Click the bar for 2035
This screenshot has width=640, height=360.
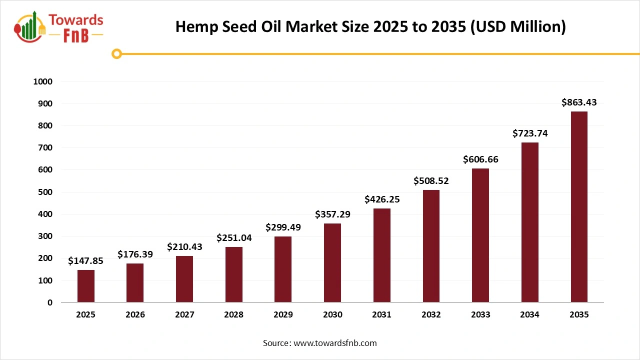[x=579, y=207]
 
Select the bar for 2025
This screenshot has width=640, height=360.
[x=86, y=286]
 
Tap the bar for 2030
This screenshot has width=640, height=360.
[x=332, y=263]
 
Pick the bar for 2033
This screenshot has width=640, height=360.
[x=480, y=235]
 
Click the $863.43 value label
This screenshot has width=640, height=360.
[x=579, y=102]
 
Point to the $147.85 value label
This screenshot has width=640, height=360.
[x=85, y=260]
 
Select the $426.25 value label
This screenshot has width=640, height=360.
[x=382, y=199]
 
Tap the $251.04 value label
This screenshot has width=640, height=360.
[x=234, y=238]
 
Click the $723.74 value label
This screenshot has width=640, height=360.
[x=529, y=133]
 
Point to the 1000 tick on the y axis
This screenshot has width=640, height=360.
[x=42, y=81]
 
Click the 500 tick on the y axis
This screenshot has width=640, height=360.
[x=46, y=192]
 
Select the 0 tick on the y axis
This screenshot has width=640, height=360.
[x=49, y=302]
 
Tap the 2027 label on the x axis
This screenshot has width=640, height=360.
[x=184, y=315]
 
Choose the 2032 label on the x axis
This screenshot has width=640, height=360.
[x=431, y=315]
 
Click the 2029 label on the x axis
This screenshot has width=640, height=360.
[x=283, y=315]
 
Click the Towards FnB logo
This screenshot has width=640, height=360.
[x=59, y=27]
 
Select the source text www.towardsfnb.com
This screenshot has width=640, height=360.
[x=334, y=343]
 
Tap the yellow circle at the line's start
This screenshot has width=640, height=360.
[x=117, y=54]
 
